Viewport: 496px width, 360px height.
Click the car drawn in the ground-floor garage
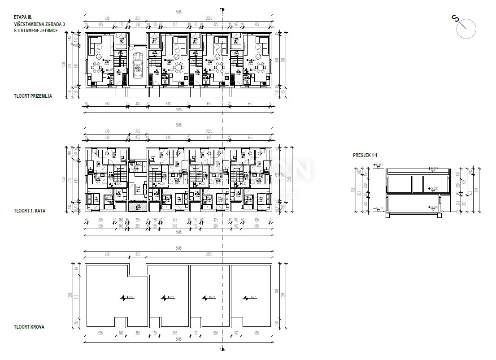[139, 65]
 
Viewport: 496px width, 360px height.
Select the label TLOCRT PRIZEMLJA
[33, 95]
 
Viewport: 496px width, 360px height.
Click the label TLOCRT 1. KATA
[30, 210]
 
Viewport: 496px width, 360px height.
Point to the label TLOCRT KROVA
[29, 327]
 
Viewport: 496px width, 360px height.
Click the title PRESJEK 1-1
[365, 155]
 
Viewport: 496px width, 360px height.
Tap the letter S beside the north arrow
[455, 18]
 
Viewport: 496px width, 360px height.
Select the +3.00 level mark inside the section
[433, 189]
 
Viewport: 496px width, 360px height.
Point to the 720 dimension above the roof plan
[107, 254]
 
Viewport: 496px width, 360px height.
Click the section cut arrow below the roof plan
[222, 349]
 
